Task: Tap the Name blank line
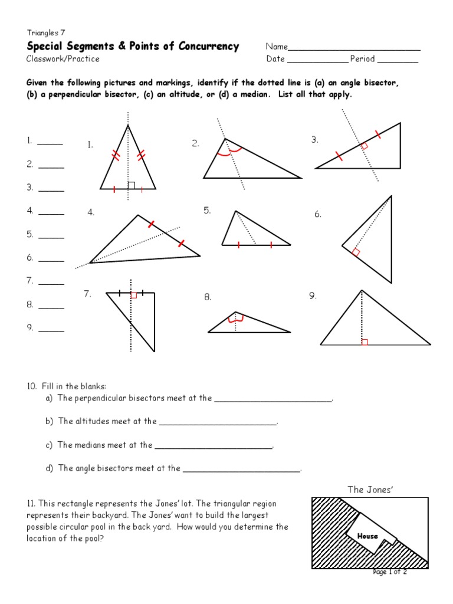pos(354,50)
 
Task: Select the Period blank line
pos(398,61)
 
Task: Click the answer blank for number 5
pos(51,237)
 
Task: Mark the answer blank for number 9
pos(51,331)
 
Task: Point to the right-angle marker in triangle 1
pos(132,185)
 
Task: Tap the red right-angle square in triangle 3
pos(364,146)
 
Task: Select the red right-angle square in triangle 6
pos(356,252)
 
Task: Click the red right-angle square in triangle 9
pos(365,342)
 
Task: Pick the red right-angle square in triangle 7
pos(134,295)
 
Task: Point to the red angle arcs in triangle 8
pos(236,320)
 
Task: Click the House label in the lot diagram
pos(367,536)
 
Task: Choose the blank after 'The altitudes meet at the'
pos(218,424)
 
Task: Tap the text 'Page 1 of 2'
pos(390,572)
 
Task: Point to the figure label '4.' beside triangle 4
pos(91,213)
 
